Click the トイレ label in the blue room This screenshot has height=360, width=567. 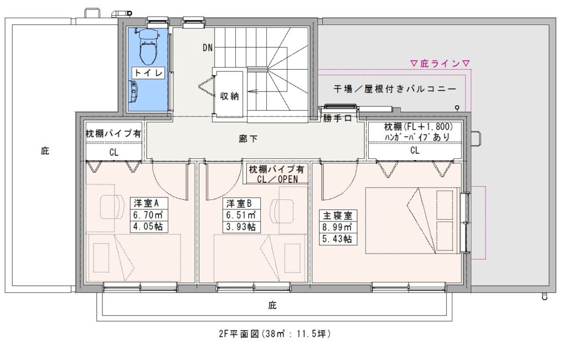148,73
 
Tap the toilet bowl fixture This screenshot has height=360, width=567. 149,47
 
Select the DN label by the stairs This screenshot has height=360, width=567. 208,48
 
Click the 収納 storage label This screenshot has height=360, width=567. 229,96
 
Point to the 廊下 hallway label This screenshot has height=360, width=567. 248,138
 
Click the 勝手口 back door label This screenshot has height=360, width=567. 337,118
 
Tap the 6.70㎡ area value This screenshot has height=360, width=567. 148,215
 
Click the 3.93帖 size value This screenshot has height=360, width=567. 241,227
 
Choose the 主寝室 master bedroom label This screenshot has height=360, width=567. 337,216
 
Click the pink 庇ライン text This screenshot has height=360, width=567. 440,64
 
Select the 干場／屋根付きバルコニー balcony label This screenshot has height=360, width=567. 394,89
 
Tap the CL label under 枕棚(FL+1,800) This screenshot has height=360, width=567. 415,150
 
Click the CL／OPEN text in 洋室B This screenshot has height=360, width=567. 277,179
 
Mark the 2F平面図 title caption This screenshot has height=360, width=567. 275,333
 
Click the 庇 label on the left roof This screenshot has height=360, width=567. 45,151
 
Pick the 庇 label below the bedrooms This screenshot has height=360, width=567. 272,305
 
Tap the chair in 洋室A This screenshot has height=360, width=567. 110,205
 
